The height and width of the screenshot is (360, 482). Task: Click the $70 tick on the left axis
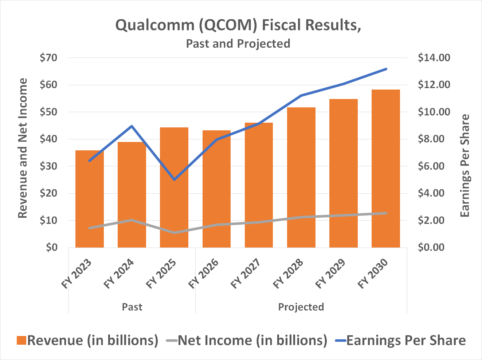point(49,58)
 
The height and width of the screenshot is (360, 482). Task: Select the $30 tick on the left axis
point(49,166)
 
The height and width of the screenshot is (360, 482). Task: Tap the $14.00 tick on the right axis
point(434,58)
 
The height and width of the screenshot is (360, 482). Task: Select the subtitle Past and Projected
point(238,44)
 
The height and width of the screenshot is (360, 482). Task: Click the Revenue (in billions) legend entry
point(87,340)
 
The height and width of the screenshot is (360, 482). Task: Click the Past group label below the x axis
point(132,307)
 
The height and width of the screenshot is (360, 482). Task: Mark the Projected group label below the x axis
point(301,307)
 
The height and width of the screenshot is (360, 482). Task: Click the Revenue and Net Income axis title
point(23,148)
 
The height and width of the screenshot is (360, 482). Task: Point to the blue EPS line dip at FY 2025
point(174,179)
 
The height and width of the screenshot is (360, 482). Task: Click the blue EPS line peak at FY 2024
point(132,126)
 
